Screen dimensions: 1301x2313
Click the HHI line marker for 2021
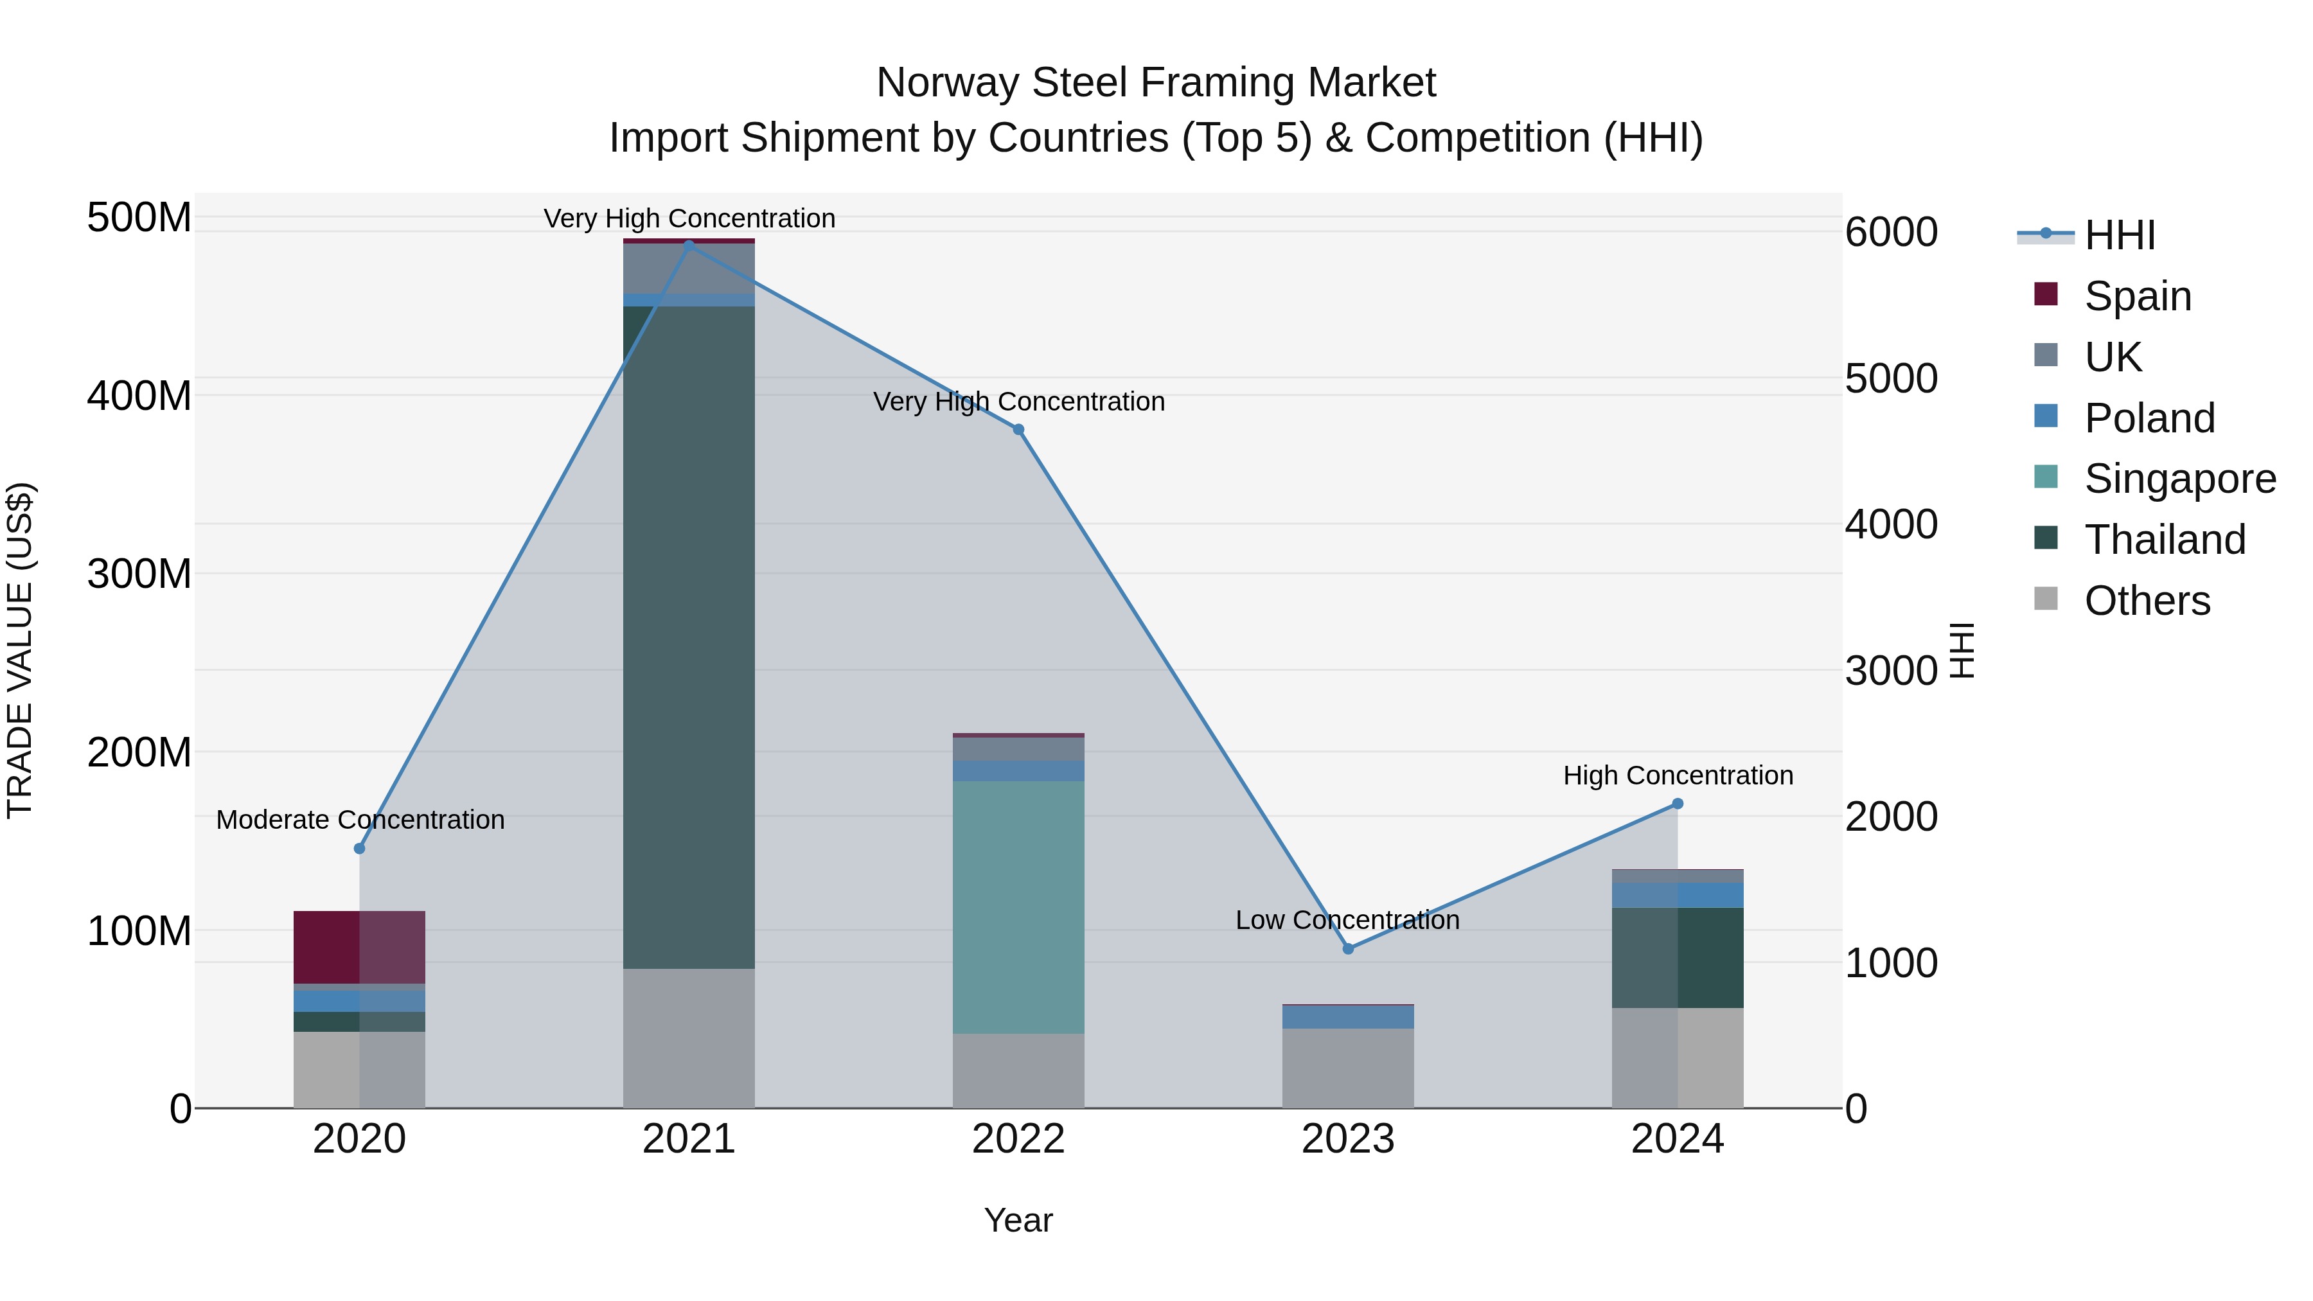(x=689, y=244)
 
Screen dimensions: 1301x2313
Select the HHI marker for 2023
(x=1348, y=948)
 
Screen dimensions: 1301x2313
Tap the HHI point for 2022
(x=1018, y=430)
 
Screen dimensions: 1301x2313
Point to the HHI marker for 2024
(x=1678, y=804)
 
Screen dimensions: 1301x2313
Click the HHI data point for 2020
(x=359, y=849)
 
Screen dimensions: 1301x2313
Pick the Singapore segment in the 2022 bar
(x=1018, y=907)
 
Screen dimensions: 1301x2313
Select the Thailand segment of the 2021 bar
(x=689, y=637)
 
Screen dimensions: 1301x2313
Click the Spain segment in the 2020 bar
(x=359, y=947)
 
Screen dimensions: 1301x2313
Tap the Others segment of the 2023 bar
(x=1348, y=1068)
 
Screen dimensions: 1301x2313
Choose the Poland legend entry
(x=2149, y=418)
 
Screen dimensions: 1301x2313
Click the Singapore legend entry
(x=2179, y=479)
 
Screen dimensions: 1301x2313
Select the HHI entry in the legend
(x=2119, y=235)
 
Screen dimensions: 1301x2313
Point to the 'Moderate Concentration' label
(x=360, y=820)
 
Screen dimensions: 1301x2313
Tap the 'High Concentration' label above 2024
(x=1678, y=775)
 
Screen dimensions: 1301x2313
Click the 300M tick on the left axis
(x=139, y=574)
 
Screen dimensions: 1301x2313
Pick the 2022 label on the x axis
(x=1018, y=1139)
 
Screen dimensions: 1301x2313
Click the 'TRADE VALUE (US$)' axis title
(x=20, y=650)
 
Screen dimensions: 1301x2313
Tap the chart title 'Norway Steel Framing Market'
(x=1156, y=83)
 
